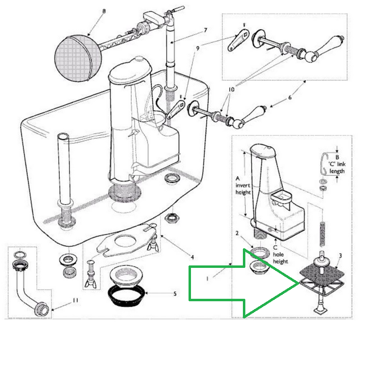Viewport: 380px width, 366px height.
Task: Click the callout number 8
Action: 104,11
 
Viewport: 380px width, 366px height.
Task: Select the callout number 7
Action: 206,30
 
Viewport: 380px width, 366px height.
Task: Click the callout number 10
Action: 231,90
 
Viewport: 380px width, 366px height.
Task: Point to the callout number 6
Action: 290,98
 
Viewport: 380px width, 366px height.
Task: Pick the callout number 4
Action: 192,257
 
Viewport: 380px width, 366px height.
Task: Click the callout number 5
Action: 175,294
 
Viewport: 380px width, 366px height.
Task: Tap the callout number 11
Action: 75,300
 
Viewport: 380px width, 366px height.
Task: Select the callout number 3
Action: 340,256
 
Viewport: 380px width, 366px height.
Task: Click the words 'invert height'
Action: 243,189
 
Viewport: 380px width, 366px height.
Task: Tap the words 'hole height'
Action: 281,258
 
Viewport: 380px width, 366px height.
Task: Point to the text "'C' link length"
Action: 337,168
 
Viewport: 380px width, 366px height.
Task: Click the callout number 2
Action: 237,233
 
